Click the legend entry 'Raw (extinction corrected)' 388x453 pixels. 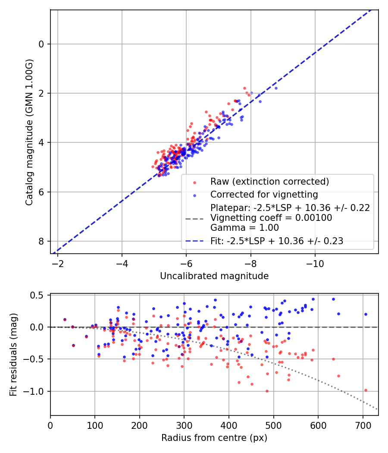[269, 181]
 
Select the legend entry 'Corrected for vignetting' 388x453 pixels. [264, 195]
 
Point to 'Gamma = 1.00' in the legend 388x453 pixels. [244, 227]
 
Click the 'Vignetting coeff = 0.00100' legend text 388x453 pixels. [271, 218]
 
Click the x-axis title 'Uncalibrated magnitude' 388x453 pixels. [214, 276]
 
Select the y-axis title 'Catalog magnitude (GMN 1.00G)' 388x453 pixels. [29, 132]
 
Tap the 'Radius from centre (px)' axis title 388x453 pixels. [214, 438]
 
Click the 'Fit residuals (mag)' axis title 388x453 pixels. [13, 355]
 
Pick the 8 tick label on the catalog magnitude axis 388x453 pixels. [41, 241]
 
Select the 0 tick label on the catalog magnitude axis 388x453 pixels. [41, 44]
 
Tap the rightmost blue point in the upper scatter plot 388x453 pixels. [276, 88]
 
